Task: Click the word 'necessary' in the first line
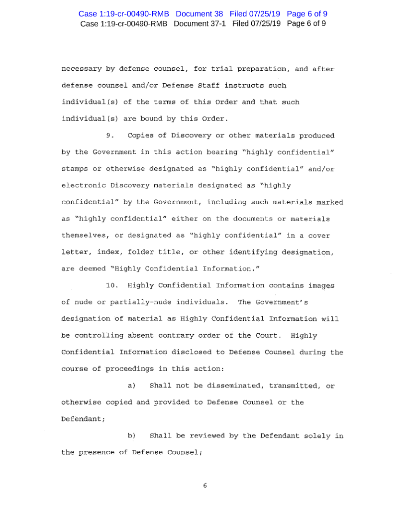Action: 81,69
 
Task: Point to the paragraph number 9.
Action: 110,135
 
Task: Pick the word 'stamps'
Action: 75,169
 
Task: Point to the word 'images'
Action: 321,285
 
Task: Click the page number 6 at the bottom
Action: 204,486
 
